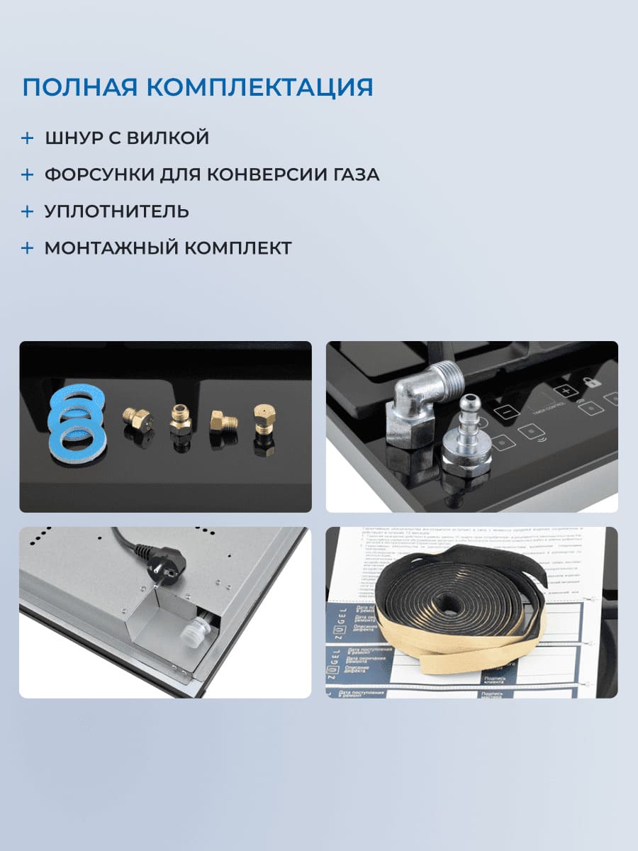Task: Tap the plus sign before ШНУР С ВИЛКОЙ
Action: (27, 138)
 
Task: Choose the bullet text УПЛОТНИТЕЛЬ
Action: (116, 211)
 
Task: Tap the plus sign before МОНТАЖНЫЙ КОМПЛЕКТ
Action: (27, 248)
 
